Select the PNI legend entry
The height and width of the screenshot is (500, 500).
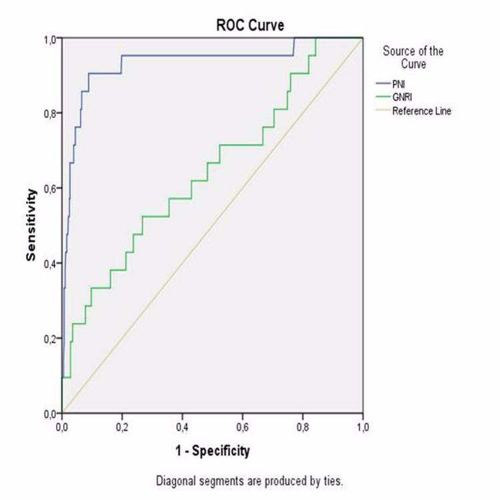[399, 84]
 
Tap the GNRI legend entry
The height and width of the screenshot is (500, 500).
[402, 97]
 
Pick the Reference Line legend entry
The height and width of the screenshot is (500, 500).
[421, 111]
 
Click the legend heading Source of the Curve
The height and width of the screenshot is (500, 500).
[413, 57]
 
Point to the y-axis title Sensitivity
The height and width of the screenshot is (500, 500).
[31, 225]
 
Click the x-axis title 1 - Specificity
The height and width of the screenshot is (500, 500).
[212, 451]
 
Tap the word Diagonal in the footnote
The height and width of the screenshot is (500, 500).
[173, 481]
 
